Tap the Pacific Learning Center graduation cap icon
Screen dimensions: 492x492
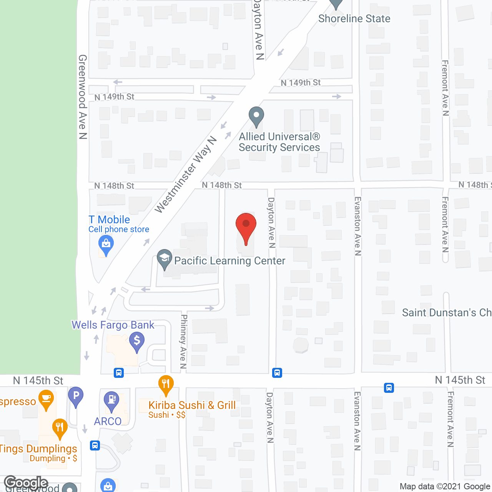click(x=165, y=258)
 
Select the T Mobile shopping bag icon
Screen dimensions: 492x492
click(x=106, y=244)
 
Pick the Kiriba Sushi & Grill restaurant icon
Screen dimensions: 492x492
click(x=166, y=384)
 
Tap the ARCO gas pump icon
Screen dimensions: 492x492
click(x=112, y=399)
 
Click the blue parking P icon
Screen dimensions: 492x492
click(x=76, y=396)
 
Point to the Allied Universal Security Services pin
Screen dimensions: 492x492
click(x=256, y=116)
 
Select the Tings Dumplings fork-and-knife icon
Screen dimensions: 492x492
click(x=60, y=427)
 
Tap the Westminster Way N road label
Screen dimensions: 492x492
click(x=186, y=175)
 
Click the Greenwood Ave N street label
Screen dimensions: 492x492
click(x=83, y=96)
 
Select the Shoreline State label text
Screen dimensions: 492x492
click(x=354, y=18)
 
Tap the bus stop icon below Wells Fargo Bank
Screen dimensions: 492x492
click(x=119, y=373)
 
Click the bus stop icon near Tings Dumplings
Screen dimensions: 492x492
click(x=95, y=445)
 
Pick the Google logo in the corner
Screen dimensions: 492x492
click(x=26, y=482)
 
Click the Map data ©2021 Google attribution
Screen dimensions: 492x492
click(x=445, y=487)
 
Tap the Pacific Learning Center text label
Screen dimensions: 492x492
click(x=229, y=261)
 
